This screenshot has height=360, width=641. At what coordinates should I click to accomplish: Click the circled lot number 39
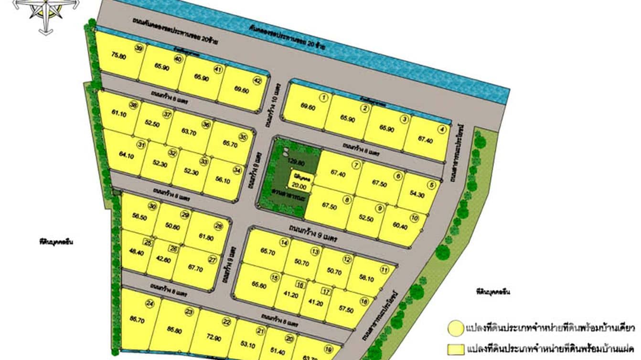coord(139,48)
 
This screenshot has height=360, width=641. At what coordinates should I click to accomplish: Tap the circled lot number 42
coord(257,81)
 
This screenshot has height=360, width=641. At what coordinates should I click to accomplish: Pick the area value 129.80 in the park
coord(297,162)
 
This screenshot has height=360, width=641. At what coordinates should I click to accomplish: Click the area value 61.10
coord(118,113)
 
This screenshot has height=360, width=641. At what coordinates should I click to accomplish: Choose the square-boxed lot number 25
coord(148,243)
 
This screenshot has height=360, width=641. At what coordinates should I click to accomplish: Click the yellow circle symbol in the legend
coord(455,328)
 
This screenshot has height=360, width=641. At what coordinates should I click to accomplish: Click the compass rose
coord(46,13)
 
